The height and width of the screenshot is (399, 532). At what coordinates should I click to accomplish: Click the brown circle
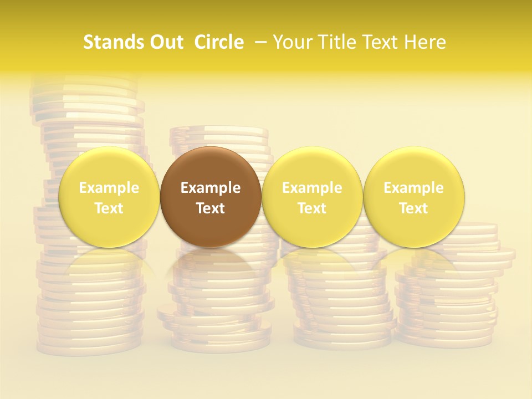[x=211, y=197]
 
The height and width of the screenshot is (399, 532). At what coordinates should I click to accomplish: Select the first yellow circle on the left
[x=109, y=197]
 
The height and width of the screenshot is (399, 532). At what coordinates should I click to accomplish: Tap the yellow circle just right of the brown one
[x=312, y=197]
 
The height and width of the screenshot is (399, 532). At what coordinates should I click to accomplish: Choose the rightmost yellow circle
[x=414, y=197]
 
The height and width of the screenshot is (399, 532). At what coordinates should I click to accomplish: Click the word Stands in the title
[x=114, y=42]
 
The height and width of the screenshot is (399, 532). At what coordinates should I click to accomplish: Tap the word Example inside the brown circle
[x=211, y=188]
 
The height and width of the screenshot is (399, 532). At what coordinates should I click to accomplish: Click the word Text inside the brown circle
[x=211, y=208]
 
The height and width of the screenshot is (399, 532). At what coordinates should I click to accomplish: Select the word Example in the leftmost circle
[x=109, y=188]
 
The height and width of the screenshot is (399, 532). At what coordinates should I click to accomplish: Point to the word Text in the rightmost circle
[x=414, y=208]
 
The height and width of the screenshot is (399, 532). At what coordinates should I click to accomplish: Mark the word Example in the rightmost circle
[x=414, y=188]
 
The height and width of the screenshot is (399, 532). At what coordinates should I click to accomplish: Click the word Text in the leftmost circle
[x=109, y=208]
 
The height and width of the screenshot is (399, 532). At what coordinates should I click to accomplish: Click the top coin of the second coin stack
[x=219, y=132]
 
